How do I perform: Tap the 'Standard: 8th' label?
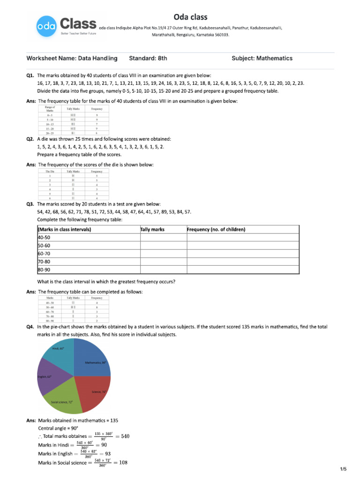[x=148, y=59]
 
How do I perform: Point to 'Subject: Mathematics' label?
[x=262, y=59]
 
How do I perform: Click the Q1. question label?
[x=31, y=75]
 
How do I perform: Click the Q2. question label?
[x=31, y=139]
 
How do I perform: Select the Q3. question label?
[x=31, y=204]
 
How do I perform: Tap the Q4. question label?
[x=31, y=326]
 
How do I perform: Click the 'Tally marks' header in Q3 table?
[x=152, y=230]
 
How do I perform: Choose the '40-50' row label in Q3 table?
[x=44, y=238]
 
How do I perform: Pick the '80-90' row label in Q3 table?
[x=44, y=270]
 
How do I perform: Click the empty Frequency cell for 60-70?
[x=242, y=254]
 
